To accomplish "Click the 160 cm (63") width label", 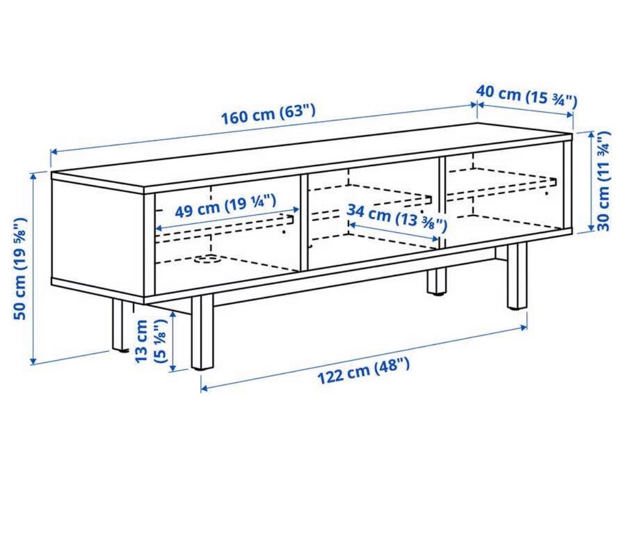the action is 268,114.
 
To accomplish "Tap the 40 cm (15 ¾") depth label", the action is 527,96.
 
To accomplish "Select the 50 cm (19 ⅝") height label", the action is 20,268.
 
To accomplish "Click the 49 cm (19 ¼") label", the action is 226,205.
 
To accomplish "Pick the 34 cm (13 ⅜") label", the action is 396,218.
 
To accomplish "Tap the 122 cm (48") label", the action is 363,371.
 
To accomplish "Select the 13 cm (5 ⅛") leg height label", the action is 150,341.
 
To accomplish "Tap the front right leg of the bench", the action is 517,276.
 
